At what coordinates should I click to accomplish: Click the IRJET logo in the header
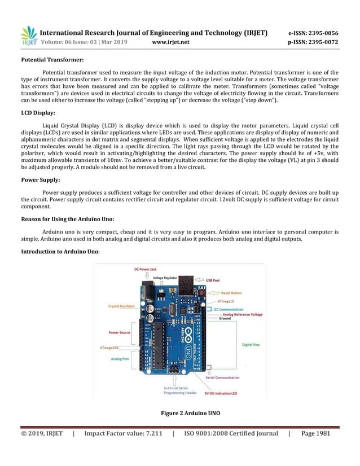[x=29, y=36]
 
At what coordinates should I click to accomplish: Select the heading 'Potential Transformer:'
[x=52, y=59]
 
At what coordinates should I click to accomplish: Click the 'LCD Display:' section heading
[x=38, y=113]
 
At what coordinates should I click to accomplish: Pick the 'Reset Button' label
[x=231, y=293]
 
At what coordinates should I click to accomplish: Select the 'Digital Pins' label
[x=252, y=344]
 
